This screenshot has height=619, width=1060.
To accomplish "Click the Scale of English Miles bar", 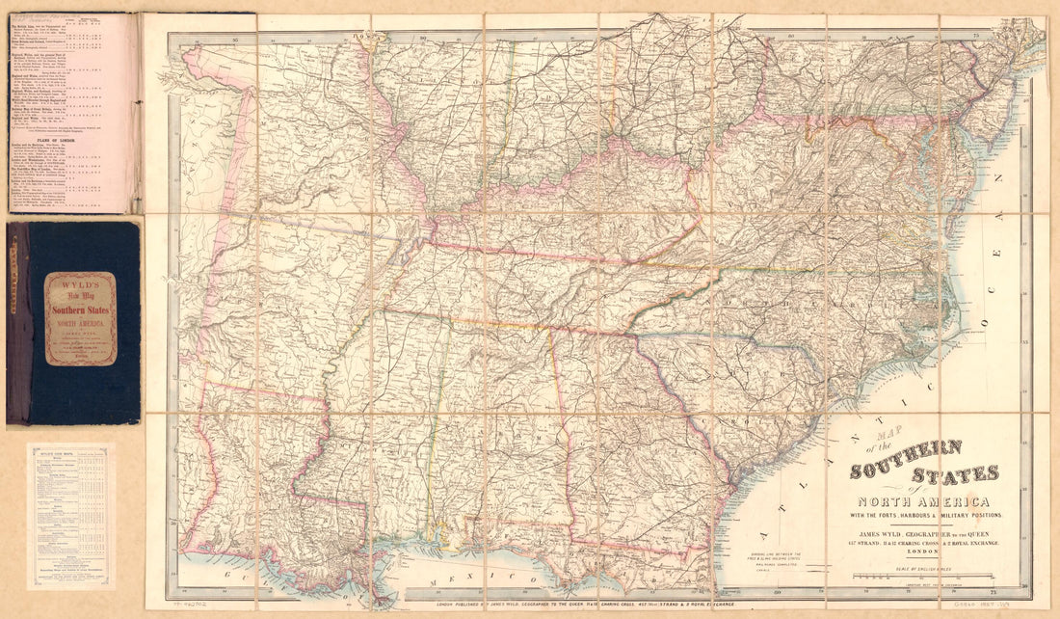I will [x=922, y=576].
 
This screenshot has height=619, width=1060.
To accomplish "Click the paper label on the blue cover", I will [x=80, y=318].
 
